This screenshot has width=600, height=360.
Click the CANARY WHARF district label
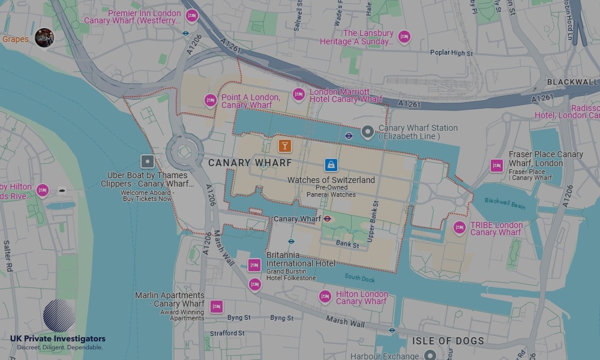(250, 163)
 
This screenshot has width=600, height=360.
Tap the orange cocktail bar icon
(284, 145)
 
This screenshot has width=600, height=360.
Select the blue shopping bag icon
(331, 164)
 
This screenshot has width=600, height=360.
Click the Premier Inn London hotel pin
(191, 16)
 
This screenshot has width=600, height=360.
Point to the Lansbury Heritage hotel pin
(404, 37)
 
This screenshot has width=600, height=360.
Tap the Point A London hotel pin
(211, 100)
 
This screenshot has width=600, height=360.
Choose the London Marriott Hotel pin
(298, 94)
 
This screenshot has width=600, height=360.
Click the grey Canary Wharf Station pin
(368, 132)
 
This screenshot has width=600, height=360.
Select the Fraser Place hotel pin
(496, 166)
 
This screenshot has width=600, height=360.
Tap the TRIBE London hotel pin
(460, 227)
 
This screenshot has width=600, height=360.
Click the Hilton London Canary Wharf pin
(325, 296)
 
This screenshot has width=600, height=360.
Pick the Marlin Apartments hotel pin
(216, 307)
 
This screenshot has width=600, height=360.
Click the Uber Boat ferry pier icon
(148, 161)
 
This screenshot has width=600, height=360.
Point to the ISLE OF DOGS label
(448, 341)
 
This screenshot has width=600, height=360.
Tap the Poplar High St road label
(451, 53)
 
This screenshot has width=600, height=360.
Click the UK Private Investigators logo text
(58, 339)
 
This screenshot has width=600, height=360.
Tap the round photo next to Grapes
(44, 38)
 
